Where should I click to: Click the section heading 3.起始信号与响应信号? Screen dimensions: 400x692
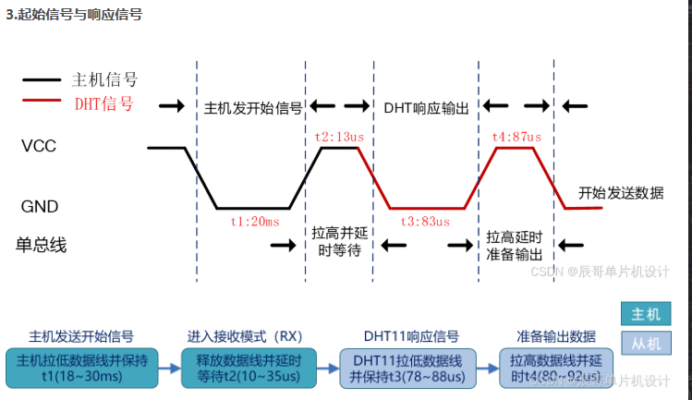click(x=75, y=16)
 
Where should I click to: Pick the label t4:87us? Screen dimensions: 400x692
click(x=516, y=137)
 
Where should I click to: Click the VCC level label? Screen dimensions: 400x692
click(x=40, y=146)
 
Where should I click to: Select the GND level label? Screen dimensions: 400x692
click(x=41, y=207)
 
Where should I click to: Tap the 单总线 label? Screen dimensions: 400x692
click(x=42, y=245)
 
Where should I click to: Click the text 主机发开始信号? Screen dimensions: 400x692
click(x=252, y=107)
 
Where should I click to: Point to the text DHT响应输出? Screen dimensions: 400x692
click(x=426, y=107)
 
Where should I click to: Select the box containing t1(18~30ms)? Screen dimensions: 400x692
click(x=81, y=367)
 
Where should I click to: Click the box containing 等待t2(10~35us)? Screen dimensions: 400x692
click(x=250, y=367)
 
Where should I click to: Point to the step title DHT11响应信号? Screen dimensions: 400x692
click(x=411, y=335)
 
